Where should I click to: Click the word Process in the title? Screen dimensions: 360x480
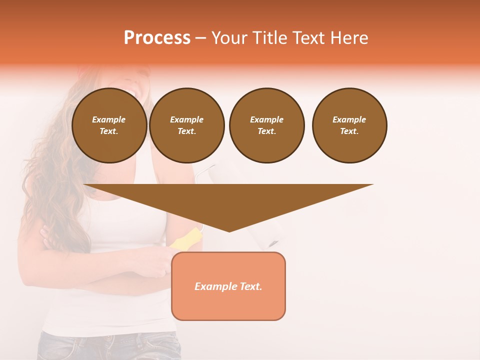[x=157, y=38]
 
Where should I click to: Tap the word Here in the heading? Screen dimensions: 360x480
[x=348, y=38]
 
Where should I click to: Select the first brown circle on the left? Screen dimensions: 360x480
[x=109, y=125]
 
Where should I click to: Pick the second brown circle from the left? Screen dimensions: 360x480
[x=186, y=125]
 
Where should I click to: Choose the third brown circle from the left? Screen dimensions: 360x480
[x=266, y=125]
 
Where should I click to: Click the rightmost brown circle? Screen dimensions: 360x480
[x=349, y=125]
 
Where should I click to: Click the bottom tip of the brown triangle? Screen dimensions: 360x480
[x=229, y=231]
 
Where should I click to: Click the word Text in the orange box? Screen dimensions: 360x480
[x=250, y=286]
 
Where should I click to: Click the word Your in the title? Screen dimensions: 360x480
[x=229, y=38]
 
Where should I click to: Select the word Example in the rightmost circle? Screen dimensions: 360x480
[x=349, y=119]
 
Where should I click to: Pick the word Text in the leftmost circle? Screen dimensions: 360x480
[x=108, y=131]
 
